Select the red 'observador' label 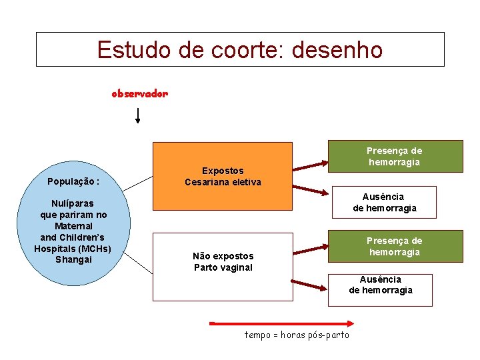[x=140, y=94]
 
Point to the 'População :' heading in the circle [x=73, y=181]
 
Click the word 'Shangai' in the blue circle [x=73, y=259]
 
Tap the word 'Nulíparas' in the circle [x=73, y=203]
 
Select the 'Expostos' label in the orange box [x=223, y=171]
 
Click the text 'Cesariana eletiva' [x=223, y=182]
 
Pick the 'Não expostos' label [x=223, y=256]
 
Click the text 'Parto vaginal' [x=223, y=267]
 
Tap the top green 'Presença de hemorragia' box [x=395, y=157]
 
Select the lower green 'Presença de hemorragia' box [x=395, y=247]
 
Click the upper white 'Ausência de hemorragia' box [x=384, y=203]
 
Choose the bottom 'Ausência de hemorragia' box [x=380, y=289]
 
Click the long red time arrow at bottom [x=279, y=324]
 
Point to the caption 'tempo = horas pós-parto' [x=297, y=335]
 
